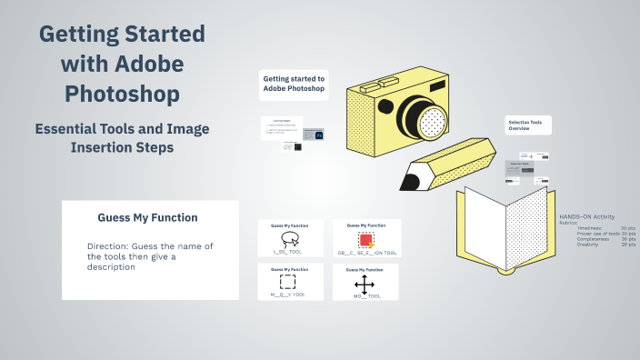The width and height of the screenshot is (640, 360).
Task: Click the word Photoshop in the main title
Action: click(122, 93)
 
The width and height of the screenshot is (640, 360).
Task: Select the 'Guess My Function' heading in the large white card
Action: click(147, 218)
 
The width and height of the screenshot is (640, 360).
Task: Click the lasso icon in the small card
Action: click(290, 239)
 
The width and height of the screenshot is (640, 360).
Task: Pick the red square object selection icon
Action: click(365, 239)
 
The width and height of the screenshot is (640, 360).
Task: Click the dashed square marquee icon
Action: click(287, 281)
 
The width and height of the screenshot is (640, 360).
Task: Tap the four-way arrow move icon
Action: click(365, 283)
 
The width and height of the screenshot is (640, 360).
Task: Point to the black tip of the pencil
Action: click(409, 179)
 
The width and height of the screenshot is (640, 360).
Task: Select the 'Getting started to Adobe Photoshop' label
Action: click(294, 84)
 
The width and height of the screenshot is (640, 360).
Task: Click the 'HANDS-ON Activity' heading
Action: click(586, 216)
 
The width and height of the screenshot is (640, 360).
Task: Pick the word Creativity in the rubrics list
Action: click(587, 245)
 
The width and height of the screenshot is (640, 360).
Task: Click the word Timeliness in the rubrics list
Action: click(591, 227)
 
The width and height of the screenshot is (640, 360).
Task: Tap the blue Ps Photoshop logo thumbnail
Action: click(319, 135)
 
